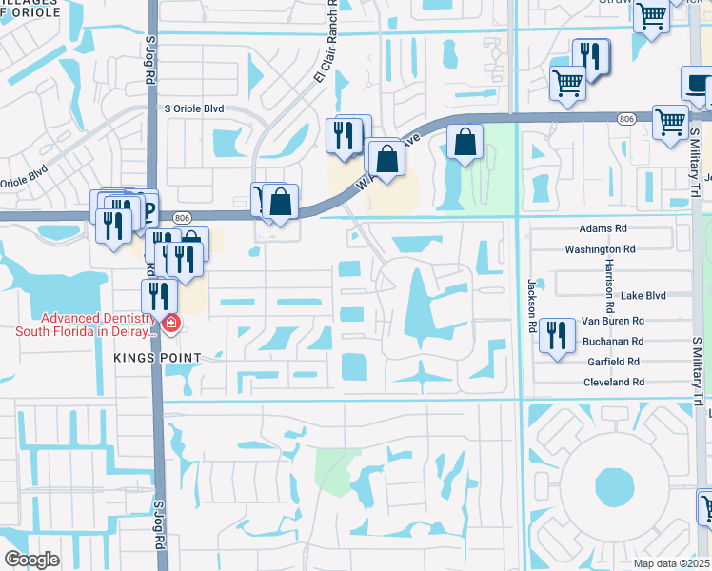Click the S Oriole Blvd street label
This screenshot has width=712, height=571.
tap(194, 109)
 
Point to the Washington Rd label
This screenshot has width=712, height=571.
tap(600, 248)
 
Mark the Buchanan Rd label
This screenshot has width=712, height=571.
tap(614, 341)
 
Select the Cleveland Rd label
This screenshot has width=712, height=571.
tap(614, 382)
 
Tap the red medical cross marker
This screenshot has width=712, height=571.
tap(171, 325)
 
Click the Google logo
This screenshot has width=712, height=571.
tap(31, 560)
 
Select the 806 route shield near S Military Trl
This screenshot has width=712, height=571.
tap(625, 118)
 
